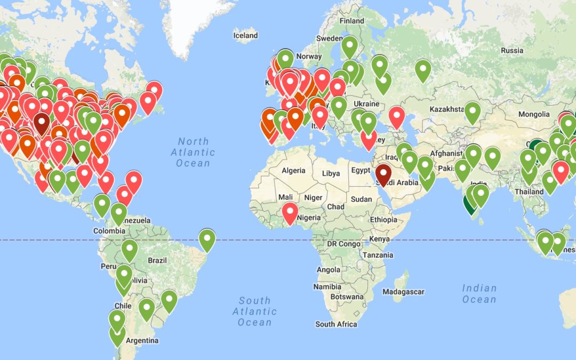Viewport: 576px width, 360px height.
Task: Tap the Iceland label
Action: pos(245,36)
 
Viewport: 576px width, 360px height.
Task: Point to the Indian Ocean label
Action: pos(479,294)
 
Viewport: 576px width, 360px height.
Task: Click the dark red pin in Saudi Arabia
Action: pos(383,174)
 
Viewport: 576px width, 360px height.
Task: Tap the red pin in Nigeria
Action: pos(290,212)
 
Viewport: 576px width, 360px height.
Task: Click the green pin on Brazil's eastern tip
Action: pos(207,238)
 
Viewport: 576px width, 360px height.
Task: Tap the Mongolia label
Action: pos(534,114)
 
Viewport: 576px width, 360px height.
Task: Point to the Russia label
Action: pos(512,51)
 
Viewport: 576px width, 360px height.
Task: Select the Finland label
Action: pos(352,21)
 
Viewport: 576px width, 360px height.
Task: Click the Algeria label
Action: pos(293,171)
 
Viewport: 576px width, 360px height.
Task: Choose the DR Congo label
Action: pos(343,244)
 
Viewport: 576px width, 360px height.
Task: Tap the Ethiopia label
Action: pos(383,220)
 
